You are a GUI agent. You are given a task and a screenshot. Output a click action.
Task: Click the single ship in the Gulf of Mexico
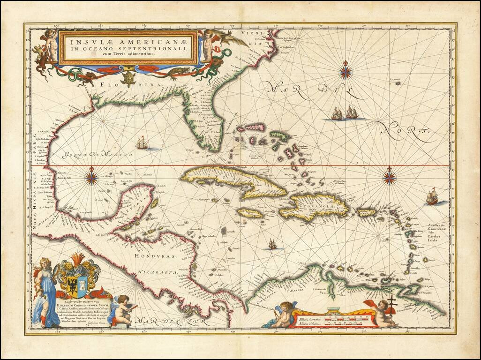click(142, 142)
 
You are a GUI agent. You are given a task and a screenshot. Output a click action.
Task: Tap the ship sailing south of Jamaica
click(272, 244)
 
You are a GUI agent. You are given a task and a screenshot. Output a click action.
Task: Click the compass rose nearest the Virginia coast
click(346, 71)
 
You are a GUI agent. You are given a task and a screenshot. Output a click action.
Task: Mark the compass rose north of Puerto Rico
click(389, 177)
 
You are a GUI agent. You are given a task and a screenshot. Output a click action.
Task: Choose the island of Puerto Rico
click(366, 212)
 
